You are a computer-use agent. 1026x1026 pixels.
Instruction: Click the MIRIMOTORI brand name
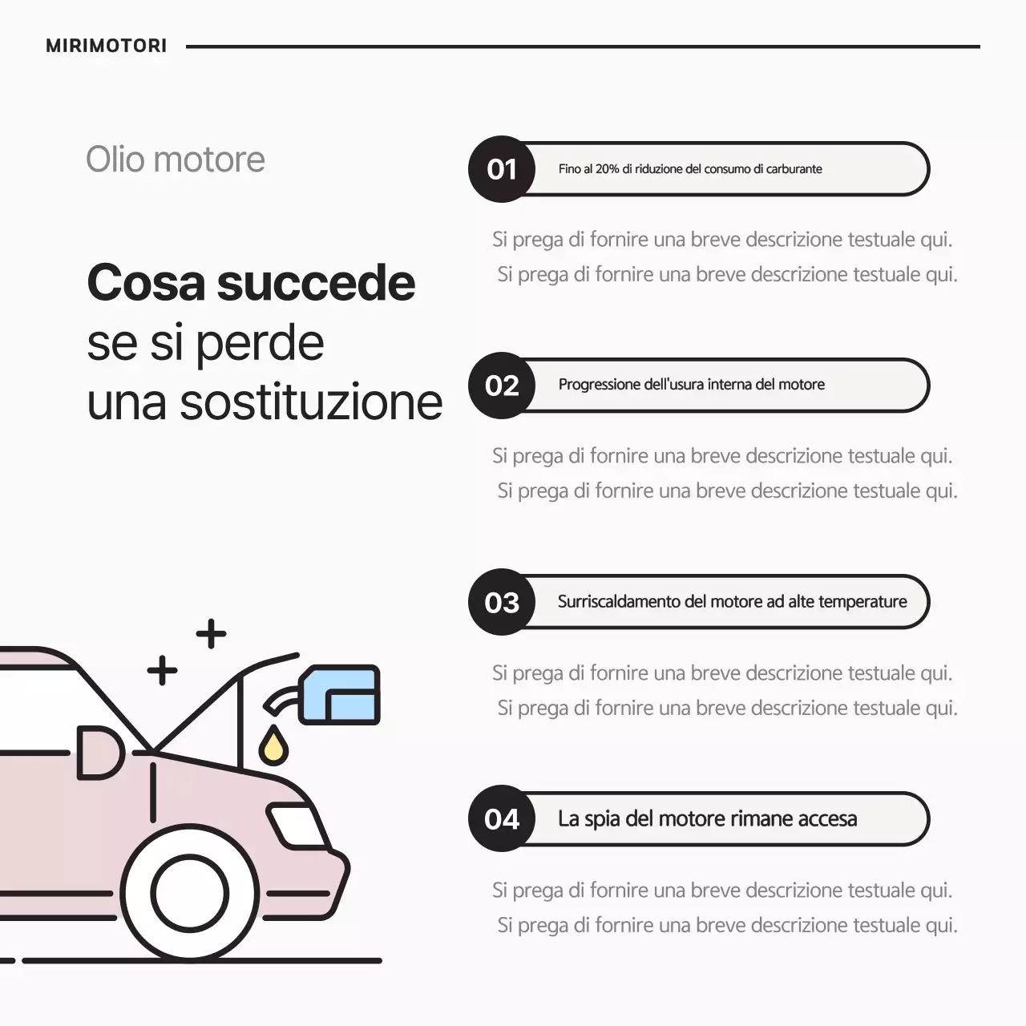tap(106, 46)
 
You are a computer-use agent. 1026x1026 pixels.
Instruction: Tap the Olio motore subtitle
tap(175, 160)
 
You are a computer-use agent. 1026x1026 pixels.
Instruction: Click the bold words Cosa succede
tap(251, 283)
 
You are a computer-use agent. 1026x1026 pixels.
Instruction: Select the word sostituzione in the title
tap(311, 402)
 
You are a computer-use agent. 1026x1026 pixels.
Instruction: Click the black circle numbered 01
tap(502, 169)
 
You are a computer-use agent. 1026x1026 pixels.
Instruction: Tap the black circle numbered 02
tap(502, 386)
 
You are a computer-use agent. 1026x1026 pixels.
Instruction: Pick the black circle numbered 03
tap(502, 603)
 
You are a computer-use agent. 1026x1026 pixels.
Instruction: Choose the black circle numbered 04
tap(502, 819)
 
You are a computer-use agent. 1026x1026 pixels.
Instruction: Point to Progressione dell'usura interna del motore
tap(691, 385)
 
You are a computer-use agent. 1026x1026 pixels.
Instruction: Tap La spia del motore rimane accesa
tap(707, 819)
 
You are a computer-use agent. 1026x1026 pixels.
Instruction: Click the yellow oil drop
tap(273, 747)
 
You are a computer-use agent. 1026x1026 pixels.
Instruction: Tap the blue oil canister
tap(340, 694)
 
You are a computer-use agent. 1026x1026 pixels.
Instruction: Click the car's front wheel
tap(190, 894)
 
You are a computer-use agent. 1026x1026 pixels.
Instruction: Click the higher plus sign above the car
tap(211, 634)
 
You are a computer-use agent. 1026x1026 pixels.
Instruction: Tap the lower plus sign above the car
tap(162, 670)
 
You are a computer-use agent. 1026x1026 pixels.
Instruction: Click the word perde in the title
tap(260, 343)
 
